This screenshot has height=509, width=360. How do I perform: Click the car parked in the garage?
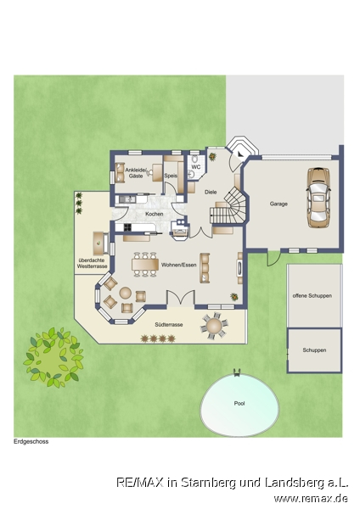point(318,198)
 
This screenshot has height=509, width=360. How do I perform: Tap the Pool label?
point(239,404)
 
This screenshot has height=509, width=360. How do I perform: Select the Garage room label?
point(278,204)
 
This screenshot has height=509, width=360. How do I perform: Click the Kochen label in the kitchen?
point(155,214)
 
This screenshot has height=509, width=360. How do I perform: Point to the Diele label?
point(211,193)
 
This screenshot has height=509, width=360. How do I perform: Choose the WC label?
point(196,167)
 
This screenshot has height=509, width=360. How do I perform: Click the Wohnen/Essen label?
point(178,265)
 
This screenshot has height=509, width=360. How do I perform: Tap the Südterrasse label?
point(169,325)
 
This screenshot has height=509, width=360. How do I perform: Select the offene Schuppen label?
point(312,296)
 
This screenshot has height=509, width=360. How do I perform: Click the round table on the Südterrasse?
point(214,326)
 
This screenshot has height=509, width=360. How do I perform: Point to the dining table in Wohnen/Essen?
point(145,264)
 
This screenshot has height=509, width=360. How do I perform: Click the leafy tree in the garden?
point(53,358)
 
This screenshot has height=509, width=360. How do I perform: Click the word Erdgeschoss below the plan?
point(31,441)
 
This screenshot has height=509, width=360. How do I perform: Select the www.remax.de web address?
point(311,498)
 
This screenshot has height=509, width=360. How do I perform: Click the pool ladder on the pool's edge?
point(237,373)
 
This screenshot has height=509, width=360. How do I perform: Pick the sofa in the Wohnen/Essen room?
point(205,268)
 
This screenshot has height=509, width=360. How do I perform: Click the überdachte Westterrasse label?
point(92,263)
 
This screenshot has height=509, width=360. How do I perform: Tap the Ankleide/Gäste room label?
point(136,173)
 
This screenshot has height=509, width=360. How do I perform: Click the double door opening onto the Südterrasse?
point(181,299)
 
